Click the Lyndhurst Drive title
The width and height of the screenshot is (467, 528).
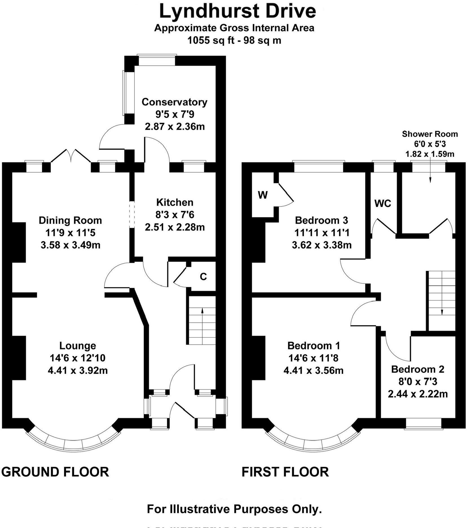coord(237,11)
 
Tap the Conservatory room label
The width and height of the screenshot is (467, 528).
coord(174,102)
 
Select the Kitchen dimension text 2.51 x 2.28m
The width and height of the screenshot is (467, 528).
coord(175,227)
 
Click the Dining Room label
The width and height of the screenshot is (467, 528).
coord(70,220)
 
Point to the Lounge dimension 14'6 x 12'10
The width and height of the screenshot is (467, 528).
coord(78,358)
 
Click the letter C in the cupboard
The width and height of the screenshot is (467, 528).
coord(203,277)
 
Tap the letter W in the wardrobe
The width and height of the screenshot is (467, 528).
coord(263,195)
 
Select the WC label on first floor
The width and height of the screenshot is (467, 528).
coord(383,203)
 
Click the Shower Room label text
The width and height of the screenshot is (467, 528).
coord(429,134)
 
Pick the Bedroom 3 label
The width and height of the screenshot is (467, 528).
coord(321,220)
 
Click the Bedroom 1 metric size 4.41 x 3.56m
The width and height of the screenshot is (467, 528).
coord(313,370)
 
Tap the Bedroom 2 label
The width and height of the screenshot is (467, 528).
coord(417,369)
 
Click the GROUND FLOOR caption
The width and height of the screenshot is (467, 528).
coord(55,472)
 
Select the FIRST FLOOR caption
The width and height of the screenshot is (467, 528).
coord(285,472)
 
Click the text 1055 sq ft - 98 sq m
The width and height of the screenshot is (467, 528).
coord(234,41)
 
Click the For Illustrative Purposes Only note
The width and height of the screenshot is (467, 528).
coord(234,509)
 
